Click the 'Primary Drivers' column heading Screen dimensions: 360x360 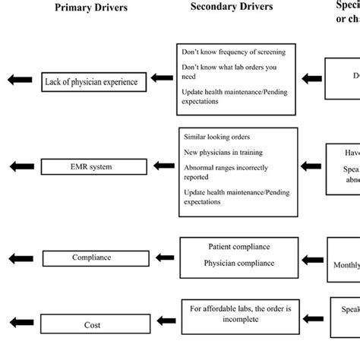click(x=90, y=8)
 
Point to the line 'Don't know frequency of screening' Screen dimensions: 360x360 click(x=234, y=52)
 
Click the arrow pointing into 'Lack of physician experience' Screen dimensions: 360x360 click(x=162, y=78)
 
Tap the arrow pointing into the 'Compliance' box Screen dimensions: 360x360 click(x=162, y=257)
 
